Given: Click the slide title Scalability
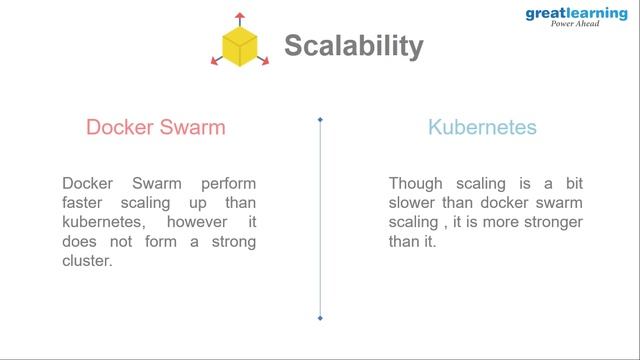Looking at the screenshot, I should tap(353, 46).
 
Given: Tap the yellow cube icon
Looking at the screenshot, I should tap(240, 46).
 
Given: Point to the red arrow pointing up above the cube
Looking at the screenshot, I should tap(240, 18).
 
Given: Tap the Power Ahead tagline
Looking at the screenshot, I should tap(575, 25).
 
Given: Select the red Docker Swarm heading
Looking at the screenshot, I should tap(155, 127).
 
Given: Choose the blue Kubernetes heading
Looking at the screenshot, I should tap(482, 127).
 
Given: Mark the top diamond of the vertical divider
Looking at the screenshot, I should tap(320, 120).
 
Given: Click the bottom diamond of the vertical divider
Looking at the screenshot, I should tap(320, 318).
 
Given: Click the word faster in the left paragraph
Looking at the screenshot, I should tap(85, 203).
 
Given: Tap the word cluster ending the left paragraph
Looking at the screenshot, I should tap(86, 260).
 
